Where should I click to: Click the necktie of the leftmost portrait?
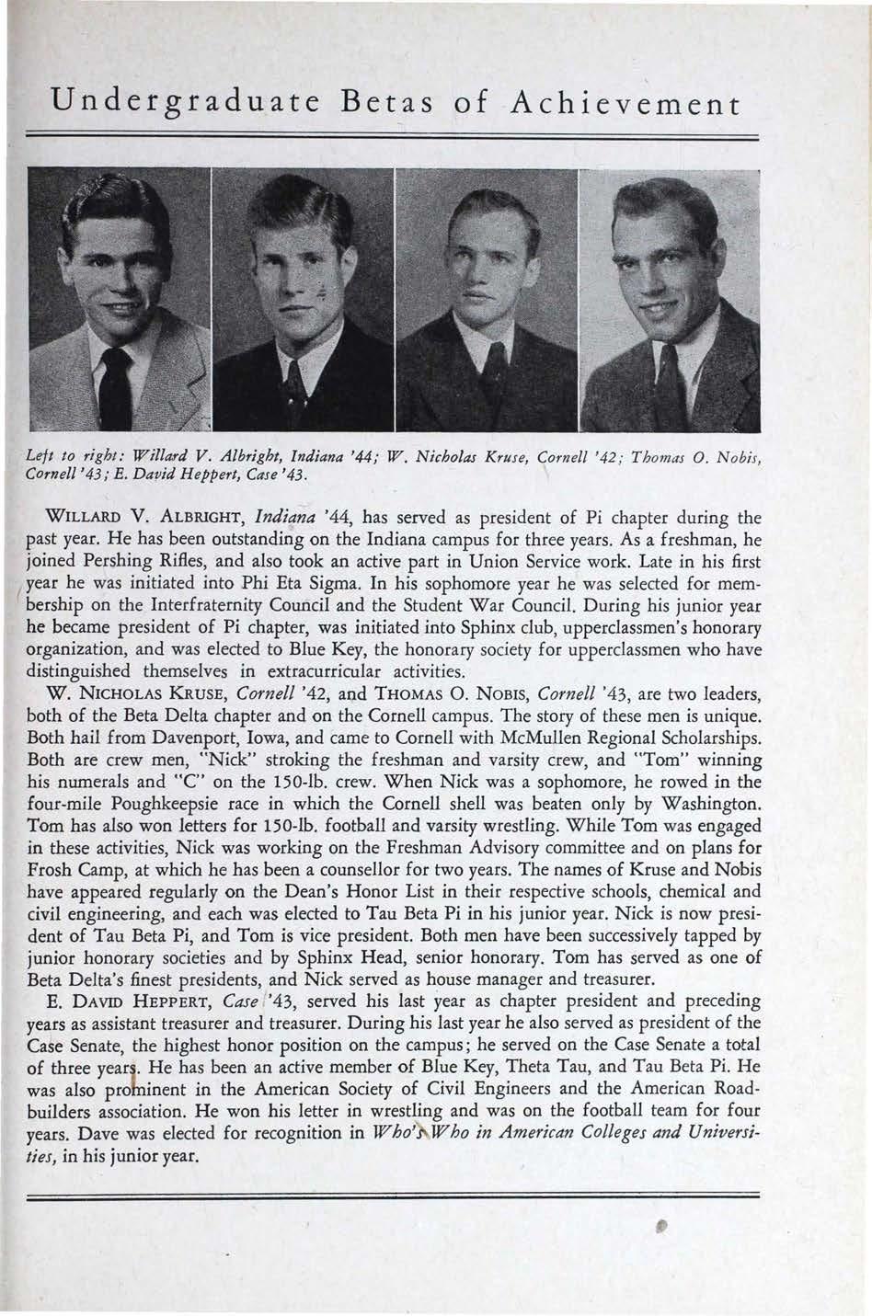pyautogui.click(x=116, y=386)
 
